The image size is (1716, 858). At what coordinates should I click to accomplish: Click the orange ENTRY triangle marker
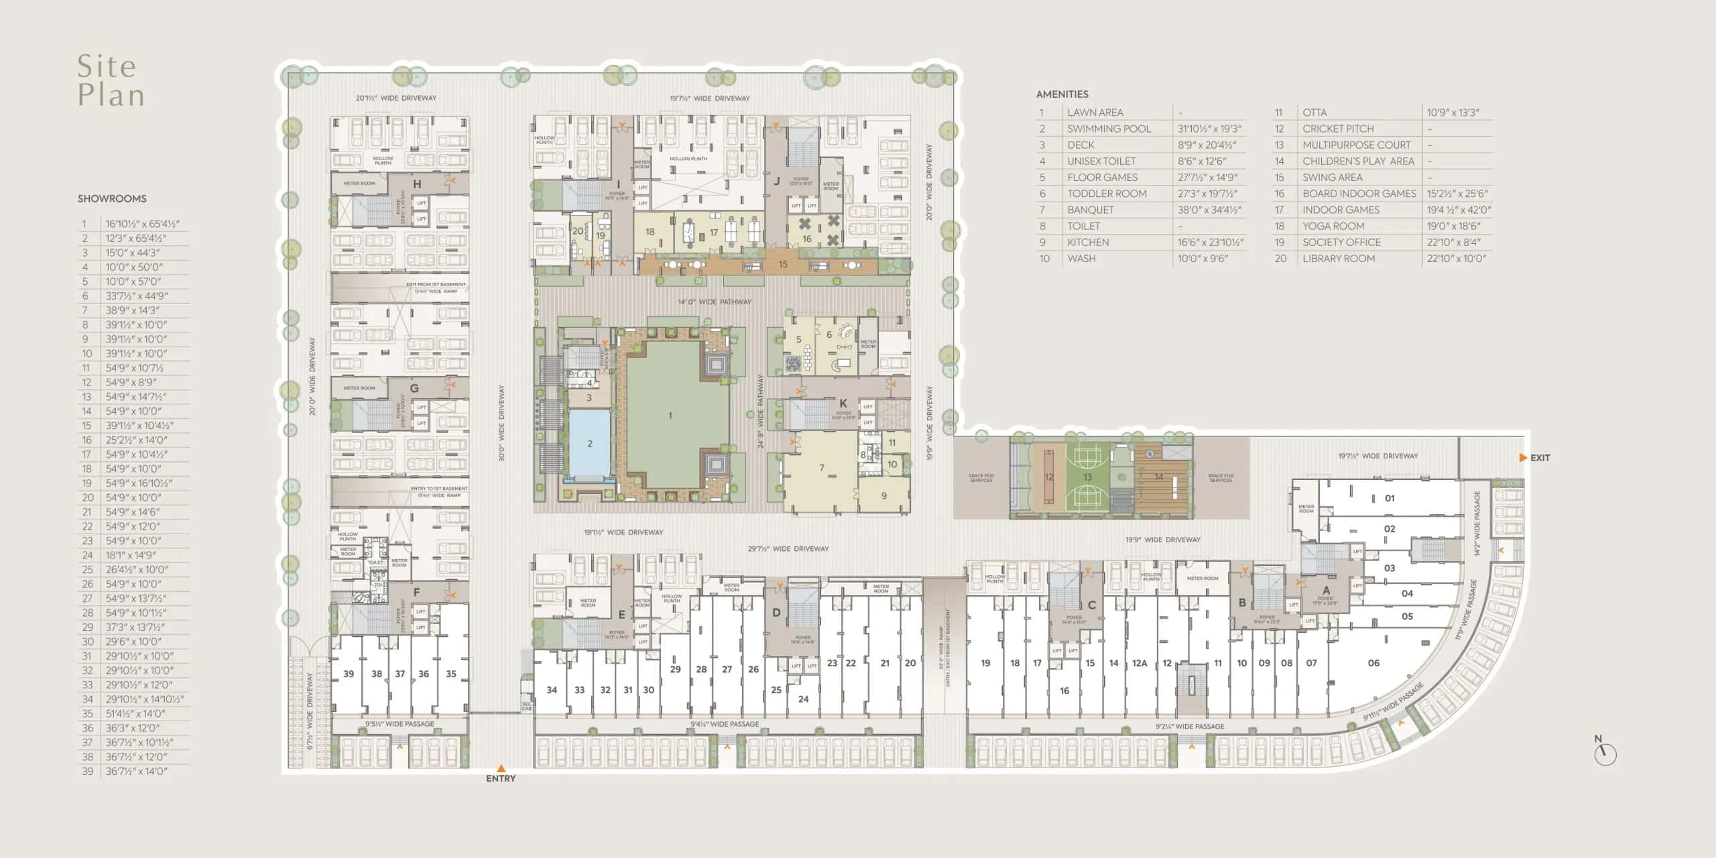click(501, 769)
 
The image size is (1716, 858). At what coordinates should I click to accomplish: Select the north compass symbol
click(1605, 753)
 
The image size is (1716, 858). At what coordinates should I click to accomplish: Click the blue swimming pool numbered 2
click(590, 443)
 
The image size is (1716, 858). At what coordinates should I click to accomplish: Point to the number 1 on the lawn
click(670, 416)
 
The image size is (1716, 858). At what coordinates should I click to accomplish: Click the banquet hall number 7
click(822, 468)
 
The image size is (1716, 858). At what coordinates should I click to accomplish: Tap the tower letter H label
click(417, 184)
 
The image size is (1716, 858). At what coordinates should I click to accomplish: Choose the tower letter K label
click(843, 404)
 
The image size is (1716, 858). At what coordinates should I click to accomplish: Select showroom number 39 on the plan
click(349, 674)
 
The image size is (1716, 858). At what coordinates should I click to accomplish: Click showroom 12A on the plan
click(1140, 663)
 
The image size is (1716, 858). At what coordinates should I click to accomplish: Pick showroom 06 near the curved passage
click(1373, 663)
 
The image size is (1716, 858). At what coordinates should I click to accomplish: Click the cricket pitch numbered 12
click(1049, 477)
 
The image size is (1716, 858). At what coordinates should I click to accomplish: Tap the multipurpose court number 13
click(1087, 477)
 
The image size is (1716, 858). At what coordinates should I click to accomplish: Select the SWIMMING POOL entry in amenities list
click(1109, 129)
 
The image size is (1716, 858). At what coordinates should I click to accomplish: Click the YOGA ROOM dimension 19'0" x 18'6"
click(1453, 226)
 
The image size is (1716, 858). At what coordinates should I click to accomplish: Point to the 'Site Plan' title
click(111, 80)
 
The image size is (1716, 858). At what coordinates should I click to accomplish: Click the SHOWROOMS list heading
click(112, 198)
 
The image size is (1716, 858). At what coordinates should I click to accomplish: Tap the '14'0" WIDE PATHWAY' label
click(715, 302)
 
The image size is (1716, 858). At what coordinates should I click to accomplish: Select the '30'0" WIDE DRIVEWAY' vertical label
click(501, 422)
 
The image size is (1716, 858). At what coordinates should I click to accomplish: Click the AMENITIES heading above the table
click(1062, 95)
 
